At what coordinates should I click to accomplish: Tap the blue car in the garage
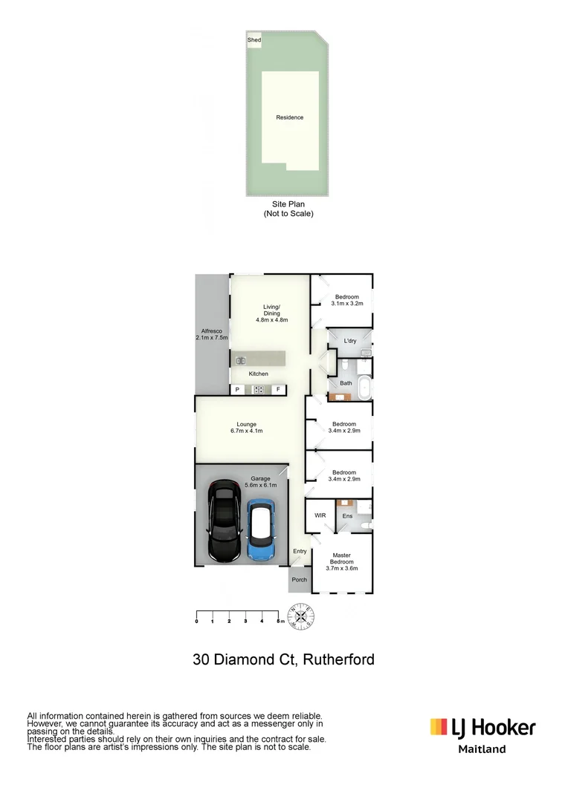[x=261, y=529]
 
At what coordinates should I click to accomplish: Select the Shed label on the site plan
[x=254, y=41]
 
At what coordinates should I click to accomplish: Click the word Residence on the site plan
[x=290, y=117]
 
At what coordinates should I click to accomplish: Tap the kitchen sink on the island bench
[x=241, y=362]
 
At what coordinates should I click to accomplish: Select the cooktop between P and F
[x=259, y=389]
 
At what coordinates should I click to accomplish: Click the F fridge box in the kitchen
[x=278, y=389]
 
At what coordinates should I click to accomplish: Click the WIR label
[x=320, y=515]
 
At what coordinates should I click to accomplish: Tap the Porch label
[x=299, y=580]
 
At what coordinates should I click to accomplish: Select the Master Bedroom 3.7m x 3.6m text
[x=342, y=562]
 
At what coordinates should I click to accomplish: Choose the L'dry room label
[x=350, y=341]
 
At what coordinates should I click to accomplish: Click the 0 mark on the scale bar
[x=196, y=621]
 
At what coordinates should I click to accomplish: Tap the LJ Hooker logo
[x=483, y=727]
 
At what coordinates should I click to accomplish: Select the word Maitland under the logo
[x=482, y=749]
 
